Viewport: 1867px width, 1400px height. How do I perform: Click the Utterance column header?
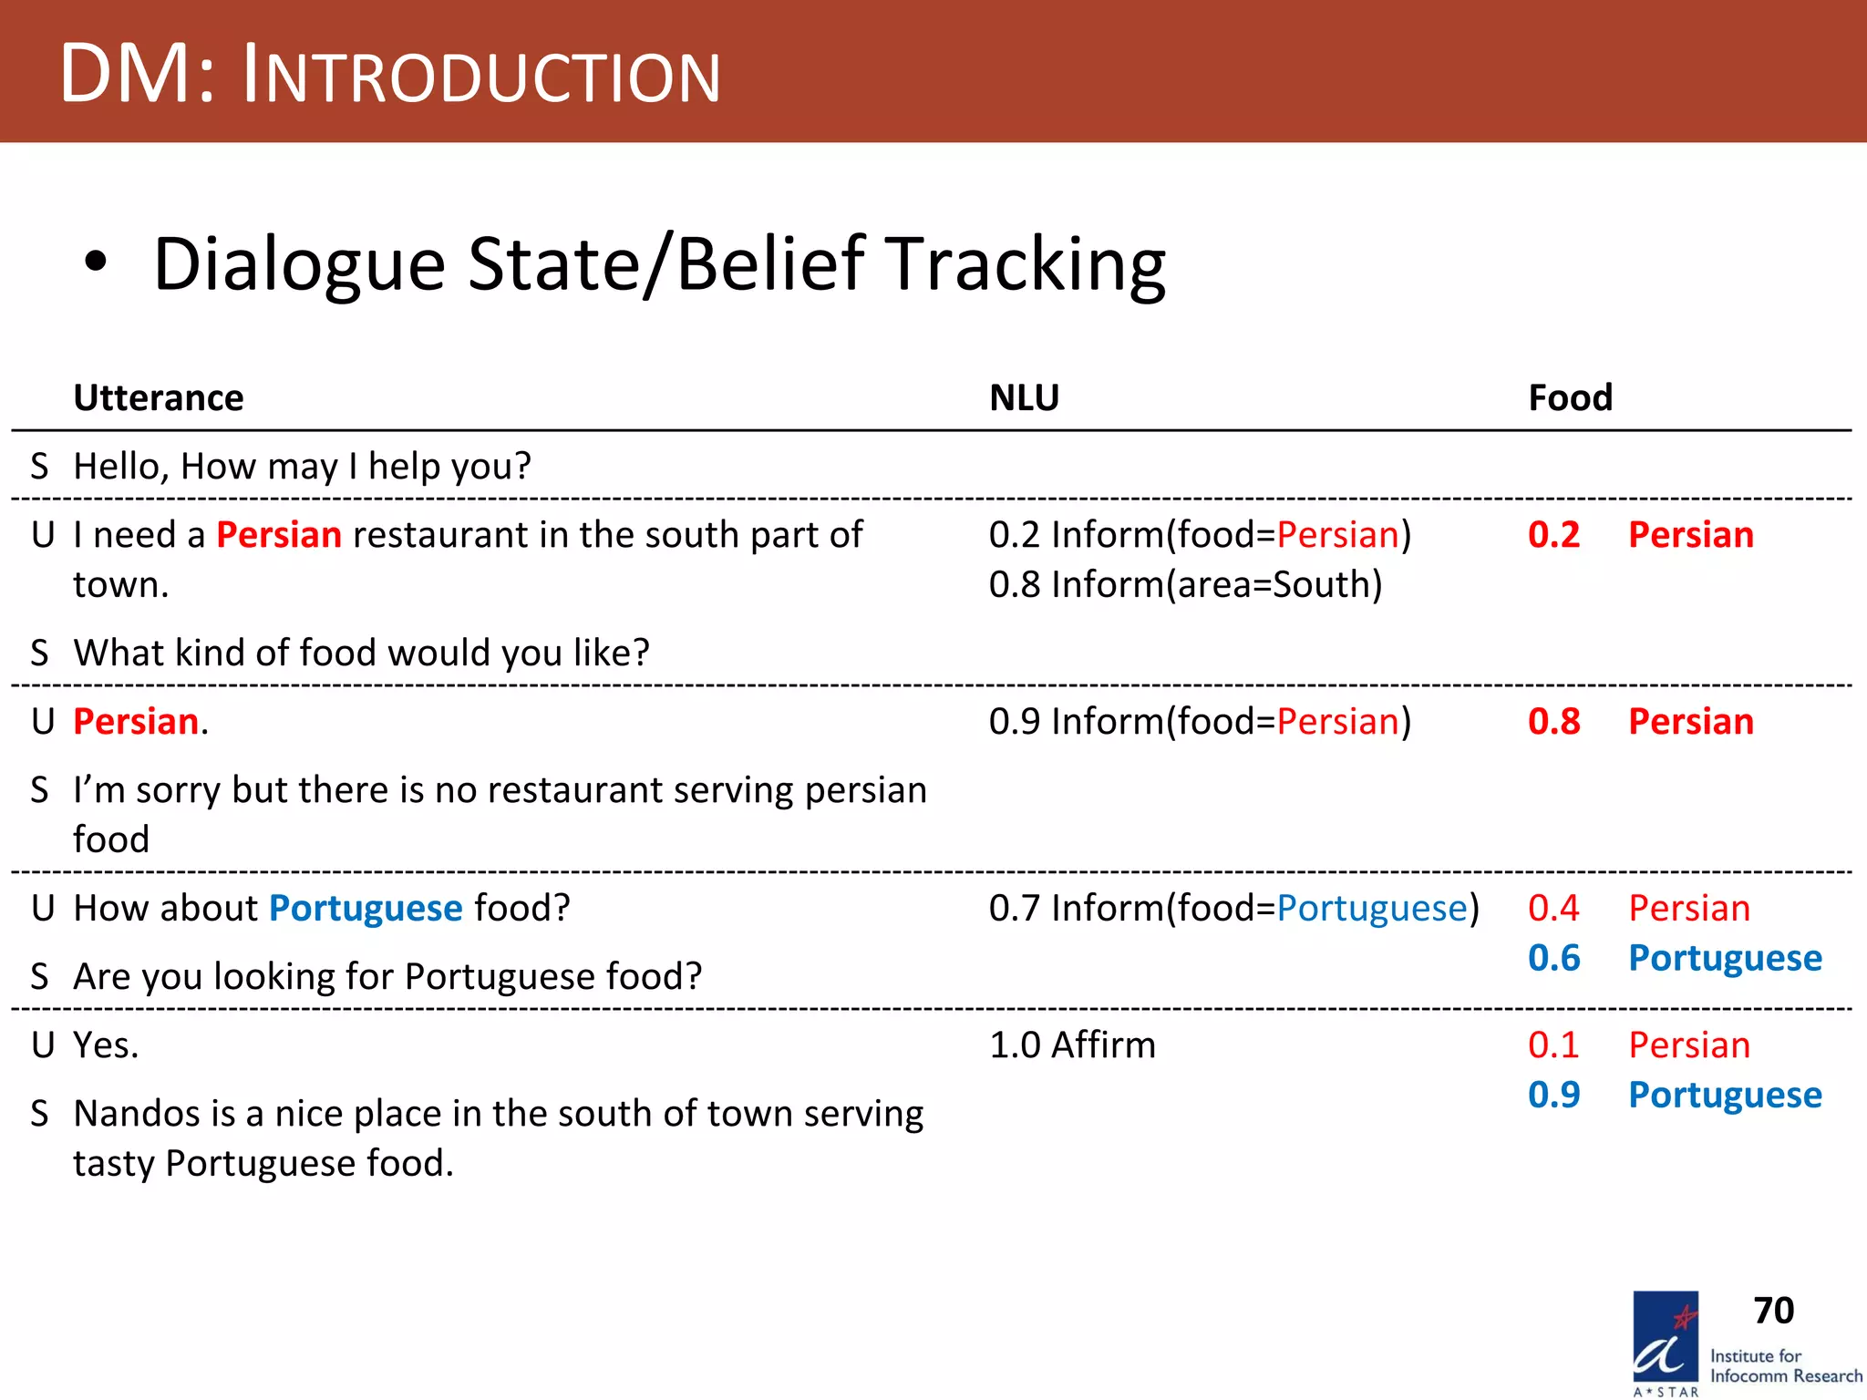(159, 398)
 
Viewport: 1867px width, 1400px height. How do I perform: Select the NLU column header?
(1024, 398)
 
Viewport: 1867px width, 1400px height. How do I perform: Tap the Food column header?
(1570, 398)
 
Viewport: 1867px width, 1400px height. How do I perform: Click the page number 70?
(1773, 1311)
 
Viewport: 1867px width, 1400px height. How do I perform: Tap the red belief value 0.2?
(1553, 535)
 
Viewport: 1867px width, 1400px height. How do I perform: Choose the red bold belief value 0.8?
(1553, 722)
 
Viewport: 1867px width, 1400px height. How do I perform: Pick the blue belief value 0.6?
(1553, 958)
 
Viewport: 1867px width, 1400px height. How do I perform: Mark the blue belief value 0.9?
(1553, 1095)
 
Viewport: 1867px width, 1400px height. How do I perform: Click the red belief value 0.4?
(1553, 908)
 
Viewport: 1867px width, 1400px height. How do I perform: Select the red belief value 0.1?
(1553, 1045)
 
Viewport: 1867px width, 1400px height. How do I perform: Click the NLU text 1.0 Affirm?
(1072, 1045)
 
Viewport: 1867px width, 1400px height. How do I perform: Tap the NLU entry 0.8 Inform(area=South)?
(1185, 584)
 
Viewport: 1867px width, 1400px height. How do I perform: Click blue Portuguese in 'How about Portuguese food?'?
(366, 909)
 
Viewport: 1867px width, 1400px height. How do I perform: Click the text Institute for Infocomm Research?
(1785, 1365)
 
